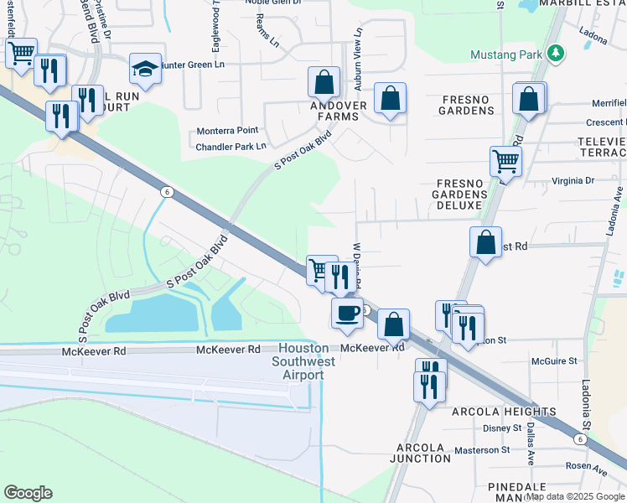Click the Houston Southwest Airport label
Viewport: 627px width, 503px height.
(x=302, y=361)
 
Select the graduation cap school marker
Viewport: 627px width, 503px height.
(x=145, y=70)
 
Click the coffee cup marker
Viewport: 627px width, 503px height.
(x=347, y=314)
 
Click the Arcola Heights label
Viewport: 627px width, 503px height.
(x=503, y=412)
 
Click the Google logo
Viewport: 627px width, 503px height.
(x=28, y=493)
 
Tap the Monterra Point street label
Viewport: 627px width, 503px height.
(x=227, y=132)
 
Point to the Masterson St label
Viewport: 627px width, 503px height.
(x=482, y=450)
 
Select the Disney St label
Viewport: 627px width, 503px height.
(x=502, y=428)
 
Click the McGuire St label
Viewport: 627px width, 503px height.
(x=554, y=361)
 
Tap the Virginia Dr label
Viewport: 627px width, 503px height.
(x=573, y=180)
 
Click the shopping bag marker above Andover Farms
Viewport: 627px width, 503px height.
(x=323, y=83)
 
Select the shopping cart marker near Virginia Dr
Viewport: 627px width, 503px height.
(x=505, y=159)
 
